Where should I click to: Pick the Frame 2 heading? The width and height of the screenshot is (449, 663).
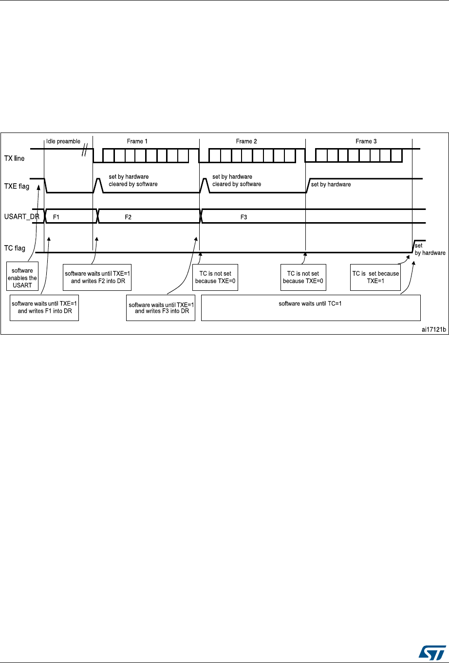pos(246,141)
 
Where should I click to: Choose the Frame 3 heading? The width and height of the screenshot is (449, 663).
pos(366,141)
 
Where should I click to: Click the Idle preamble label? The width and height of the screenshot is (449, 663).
pos(63,141)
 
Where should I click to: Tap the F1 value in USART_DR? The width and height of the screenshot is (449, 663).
pos(56,216)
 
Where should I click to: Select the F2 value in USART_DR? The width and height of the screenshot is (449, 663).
pos(128,216)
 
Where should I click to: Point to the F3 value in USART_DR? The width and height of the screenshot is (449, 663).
pos(244,216)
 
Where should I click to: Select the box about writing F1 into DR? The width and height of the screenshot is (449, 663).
pos(44,307)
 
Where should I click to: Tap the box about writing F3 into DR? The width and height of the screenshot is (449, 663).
pos(160,307)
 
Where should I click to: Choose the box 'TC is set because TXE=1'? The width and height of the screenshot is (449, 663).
pos(375,277)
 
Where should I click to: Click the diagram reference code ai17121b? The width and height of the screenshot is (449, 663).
pos(433,329)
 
